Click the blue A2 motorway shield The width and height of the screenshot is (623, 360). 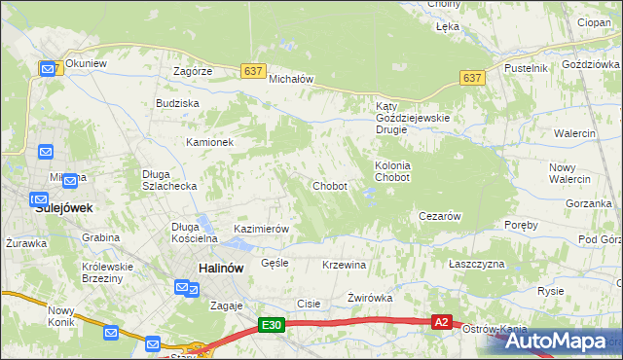pos(442,322)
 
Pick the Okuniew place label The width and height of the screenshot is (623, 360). pos(86,64)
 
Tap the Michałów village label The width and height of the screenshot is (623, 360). pos(290,79)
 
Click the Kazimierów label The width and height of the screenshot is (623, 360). pos(261,229)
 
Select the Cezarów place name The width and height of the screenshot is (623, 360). pos(438,216)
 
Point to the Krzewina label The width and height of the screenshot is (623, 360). pos(344,265)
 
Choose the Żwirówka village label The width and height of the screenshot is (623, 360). pos(370,299)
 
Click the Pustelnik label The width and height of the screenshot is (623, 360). pos(526,68)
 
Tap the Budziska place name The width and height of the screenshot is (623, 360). pos(177,102)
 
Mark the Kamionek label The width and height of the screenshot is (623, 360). pos(210,142)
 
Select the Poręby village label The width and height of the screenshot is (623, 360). pos(522,225)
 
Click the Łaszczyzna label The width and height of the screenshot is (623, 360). pos(476,265)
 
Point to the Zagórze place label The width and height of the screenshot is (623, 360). pos(193,72)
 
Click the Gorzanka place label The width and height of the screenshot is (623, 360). pos(587,204)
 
